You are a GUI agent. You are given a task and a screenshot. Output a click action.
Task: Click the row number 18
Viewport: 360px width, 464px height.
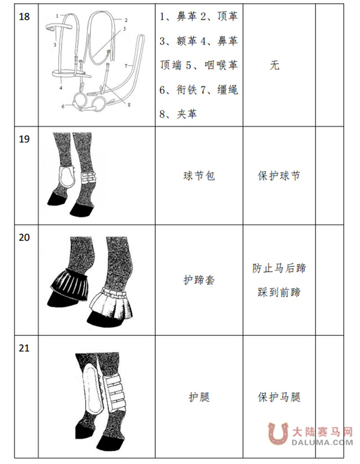(24, 16)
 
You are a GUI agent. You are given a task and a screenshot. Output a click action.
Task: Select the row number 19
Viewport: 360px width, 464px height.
(24, 140)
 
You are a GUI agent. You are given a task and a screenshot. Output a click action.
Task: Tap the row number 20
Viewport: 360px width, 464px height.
(24, 238)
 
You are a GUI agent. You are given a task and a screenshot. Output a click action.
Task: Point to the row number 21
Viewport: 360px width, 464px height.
(24, 348)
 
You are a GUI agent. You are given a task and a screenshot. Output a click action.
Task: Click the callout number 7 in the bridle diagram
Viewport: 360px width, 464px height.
(126, 66)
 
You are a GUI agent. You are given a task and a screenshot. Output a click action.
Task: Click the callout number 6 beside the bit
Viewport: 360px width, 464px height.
(63, 105)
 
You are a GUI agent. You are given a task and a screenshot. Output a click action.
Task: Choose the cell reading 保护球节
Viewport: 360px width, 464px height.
(279, 176)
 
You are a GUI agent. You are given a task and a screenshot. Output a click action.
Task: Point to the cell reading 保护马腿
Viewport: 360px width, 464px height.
(279, 396)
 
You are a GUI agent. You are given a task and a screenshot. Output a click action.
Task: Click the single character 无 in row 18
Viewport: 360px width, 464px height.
(274, 65)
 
